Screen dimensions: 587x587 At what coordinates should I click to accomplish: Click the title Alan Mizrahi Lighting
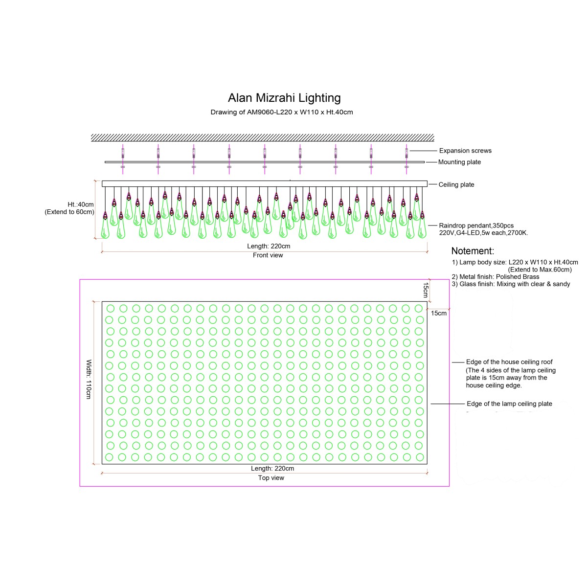pos(284,98)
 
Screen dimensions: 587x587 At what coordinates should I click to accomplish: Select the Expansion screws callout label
pos(465,151)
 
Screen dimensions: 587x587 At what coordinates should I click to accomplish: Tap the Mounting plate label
pos(459,162)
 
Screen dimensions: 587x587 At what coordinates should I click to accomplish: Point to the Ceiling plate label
pos(456,184)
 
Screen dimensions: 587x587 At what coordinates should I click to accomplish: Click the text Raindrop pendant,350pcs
pos(476,226)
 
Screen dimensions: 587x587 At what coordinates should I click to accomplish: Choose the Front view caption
pos(268,255)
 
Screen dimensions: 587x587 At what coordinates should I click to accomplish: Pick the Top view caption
pos(271,477)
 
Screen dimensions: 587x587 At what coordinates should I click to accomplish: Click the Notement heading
pos(472,251)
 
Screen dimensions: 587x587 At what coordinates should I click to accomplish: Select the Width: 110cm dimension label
pos(89,379)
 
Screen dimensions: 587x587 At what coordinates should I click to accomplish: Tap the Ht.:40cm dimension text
pos(81,204)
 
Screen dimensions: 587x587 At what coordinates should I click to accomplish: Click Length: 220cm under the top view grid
pos(272,468)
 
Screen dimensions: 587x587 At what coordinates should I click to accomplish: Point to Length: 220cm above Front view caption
pos(269,246)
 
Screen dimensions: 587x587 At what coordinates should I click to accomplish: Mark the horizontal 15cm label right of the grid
pos(438,313)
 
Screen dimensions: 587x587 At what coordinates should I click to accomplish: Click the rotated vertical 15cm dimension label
pos(426,290)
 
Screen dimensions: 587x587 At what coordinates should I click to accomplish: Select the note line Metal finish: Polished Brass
pos(496,276)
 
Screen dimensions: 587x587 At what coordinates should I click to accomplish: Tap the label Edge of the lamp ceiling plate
pos(509,404)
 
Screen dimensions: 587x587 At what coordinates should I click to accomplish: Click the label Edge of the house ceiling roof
pos(509,362)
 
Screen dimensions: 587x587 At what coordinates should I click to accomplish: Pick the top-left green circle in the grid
pos(111,309)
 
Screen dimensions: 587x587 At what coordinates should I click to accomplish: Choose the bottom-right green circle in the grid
pos(420,457)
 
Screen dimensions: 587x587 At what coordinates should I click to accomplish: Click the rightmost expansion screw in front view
pos(406,153)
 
